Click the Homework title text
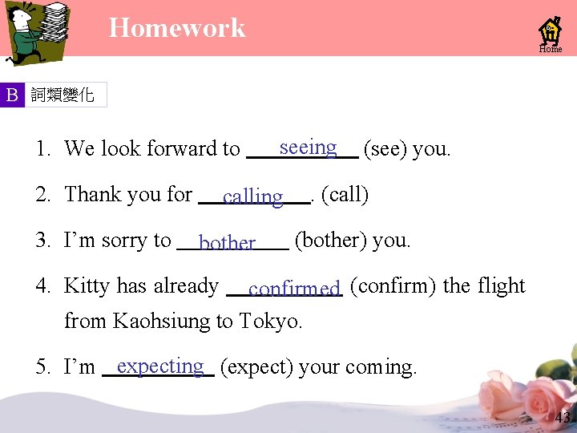[x=177, y=28]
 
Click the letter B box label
[x=12, y=95]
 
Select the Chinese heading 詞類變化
[x=63, y=95]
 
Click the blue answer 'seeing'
[x=308, y=147]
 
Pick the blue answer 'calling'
[x=252, y=196]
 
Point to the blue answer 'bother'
[x=227, y=242]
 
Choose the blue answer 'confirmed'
[x=294, y=288]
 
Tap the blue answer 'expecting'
[x=159, y=366]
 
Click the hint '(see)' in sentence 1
[x=384, y=148]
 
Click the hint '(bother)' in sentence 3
[x=329, y=240]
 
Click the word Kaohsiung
[x=159, y=322]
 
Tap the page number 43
[x=562, y=417]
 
